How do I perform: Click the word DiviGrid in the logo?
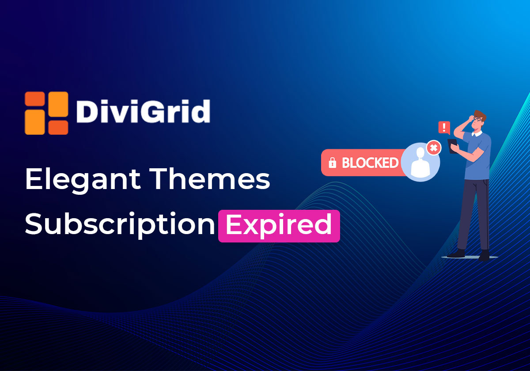click(143, 112)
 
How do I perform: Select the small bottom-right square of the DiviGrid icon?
click(58, 127)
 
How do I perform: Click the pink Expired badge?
click(279, 226)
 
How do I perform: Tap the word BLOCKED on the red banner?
click(370, 163)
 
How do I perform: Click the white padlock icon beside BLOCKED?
click(332, 163)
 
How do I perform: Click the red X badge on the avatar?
click(434, 148)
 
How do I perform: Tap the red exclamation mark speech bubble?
click(444, 128)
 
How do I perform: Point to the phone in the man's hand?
click(453, 146)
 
